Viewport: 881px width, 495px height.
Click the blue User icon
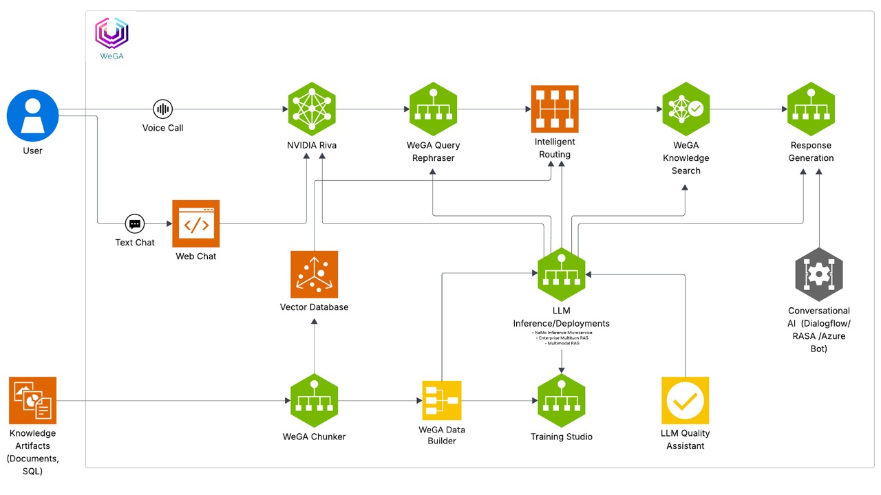point(32,115)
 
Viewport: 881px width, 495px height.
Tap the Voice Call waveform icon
point(162,109)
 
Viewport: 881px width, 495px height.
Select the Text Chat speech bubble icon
point(135,223)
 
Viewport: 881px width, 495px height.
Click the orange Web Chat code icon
point(196,223)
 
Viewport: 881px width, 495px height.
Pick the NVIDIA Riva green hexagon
point(312,109)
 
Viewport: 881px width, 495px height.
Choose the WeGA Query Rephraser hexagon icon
point(433,109)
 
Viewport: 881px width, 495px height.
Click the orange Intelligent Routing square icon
point(555,109)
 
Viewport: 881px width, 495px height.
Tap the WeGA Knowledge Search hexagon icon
point(686,109)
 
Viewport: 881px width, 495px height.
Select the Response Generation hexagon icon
point(811,109)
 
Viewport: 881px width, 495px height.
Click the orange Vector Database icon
point(314,274)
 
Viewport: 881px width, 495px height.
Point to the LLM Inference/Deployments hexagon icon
point(562,274)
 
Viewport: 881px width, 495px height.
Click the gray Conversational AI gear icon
point(818,274)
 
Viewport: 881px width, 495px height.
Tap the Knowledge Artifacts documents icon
point(32,400)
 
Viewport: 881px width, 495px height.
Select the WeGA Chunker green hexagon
point(314,400)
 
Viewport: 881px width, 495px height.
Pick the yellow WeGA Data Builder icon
point(442,400)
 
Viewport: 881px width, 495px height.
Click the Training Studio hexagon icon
point(562,400)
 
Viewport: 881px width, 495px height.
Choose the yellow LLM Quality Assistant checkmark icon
point(685,400)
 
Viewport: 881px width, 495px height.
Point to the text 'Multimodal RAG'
point(562,343)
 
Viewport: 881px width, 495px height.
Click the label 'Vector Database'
point(314,307)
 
